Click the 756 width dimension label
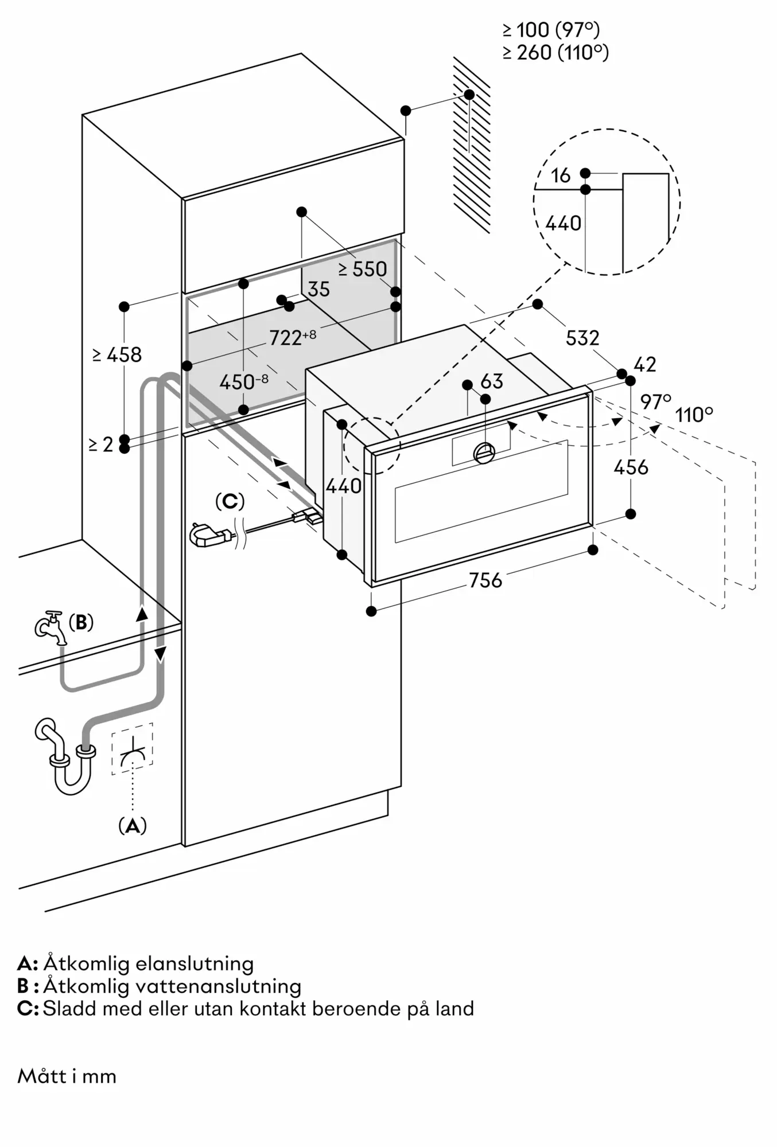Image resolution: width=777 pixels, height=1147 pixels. (x=485, y=580)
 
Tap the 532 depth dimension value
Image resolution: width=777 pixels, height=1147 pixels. (x=582, y=338)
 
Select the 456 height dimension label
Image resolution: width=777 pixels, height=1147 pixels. (x=631, y=467)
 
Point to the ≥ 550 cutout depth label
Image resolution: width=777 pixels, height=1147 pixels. (x=363, y=269)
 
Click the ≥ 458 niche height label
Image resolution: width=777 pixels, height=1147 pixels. (x=117, y=355)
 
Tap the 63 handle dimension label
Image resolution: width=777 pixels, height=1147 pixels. (x=492, y=381)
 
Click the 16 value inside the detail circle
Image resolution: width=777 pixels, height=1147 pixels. (x=561, y=175)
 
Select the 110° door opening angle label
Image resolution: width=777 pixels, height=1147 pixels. (x=694, y=414)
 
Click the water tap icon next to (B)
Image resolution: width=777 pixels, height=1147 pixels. (x=50, y=626)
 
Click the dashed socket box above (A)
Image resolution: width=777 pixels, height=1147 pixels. (x=133, y=748)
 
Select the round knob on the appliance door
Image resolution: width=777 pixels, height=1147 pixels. (x=484, y=453)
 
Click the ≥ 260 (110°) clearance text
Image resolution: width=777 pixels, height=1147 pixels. (x=555, y=53)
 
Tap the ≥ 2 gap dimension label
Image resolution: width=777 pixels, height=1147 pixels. (x=101, y=444)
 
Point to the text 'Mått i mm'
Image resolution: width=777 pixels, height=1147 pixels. (x=67, y=1076)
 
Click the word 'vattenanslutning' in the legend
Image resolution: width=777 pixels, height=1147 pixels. (x=219, y=986)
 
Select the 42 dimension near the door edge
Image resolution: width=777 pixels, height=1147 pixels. (x=645, y=365)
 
